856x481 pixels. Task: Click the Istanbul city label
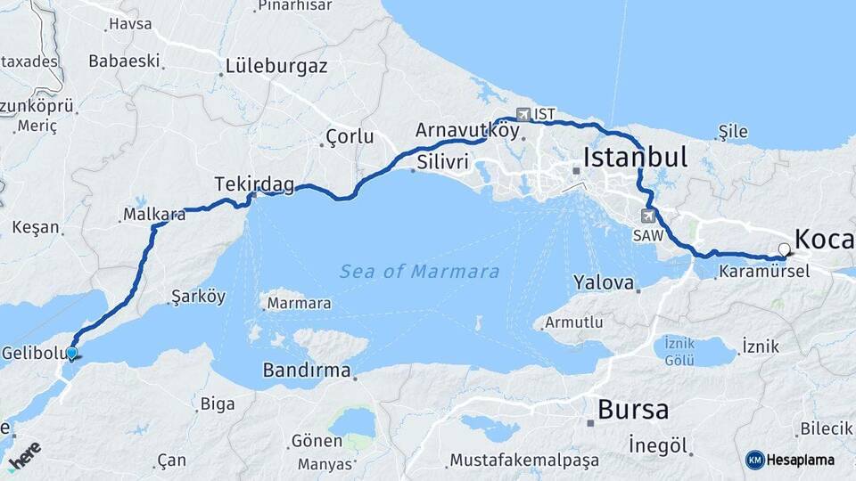[x=635, y=159]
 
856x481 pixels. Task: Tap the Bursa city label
[x=633, y=410]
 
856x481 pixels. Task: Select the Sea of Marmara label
[x=419, y=272]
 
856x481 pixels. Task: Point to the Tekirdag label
[x=254, y=183]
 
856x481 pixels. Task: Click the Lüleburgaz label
[x=276, y=66]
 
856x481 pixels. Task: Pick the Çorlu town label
[x=350, y=136]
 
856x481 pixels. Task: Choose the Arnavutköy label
[x=466, y=130]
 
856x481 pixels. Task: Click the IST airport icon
[x=523, y=114]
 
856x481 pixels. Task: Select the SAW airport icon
[x=646, y=216]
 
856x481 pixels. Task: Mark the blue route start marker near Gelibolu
[x=71, y=354]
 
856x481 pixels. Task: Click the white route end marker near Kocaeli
[x=784, y=249]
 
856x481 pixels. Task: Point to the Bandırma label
[x=306, y=371]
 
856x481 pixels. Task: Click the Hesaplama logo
[x=790, y=460]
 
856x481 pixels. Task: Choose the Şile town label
[x=733, y=132]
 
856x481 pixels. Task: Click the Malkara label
[x=148, y=215]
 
